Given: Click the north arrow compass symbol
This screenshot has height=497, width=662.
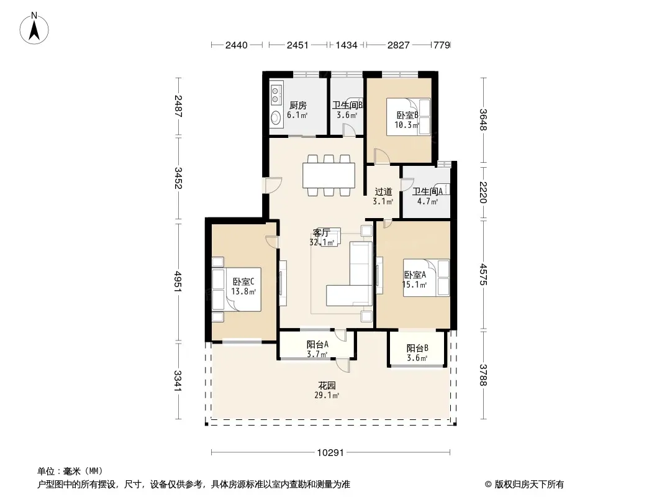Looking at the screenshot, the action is [34, 29].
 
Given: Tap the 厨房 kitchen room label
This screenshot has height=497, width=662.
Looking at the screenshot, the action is [298, 105].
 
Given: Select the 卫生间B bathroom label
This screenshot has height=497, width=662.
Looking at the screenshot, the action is [348, 105].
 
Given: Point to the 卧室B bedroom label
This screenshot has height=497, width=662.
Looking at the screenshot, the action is [407, 115].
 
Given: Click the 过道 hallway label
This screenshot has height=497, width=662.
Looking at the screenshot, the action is [383, 192].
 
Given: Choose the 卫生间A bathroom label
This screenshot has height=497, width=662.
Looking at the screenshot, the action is [428, 191].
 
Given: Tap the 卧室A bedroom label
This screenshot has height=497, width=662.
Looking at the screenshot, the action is [415, 275].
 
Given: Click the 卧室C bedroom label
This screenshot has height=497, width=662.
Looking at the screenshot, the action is [243, 281].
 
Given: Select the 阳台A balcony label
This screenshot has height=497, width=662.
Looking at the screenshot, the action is [317, 345].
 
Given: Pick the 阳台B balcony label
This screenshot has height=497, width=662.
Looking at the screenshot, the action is [417, 349].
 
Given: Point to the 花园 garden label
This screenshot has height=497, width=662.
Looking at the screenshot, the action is [327, 386].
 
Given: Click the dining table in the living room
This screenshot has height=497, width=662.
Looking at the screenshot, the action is [329, 175].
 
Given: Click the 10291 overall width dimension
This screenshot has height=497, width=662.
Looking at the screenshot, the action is [330, 453].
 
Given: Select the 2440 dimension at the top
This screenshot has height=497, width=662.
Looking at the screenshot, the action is [237, 45].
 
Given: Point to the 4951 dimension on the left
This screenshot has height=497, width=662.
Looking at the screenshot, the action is [179, 281].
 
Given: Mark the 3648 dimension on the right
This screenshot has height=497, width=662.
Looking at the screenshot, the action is [483, 120].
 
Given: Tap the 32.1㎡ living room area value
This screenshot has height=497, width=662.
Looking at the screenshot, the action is [322, 242].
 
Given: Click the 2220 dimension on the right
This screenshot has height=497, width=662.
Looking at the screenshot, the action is [483, 192].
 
